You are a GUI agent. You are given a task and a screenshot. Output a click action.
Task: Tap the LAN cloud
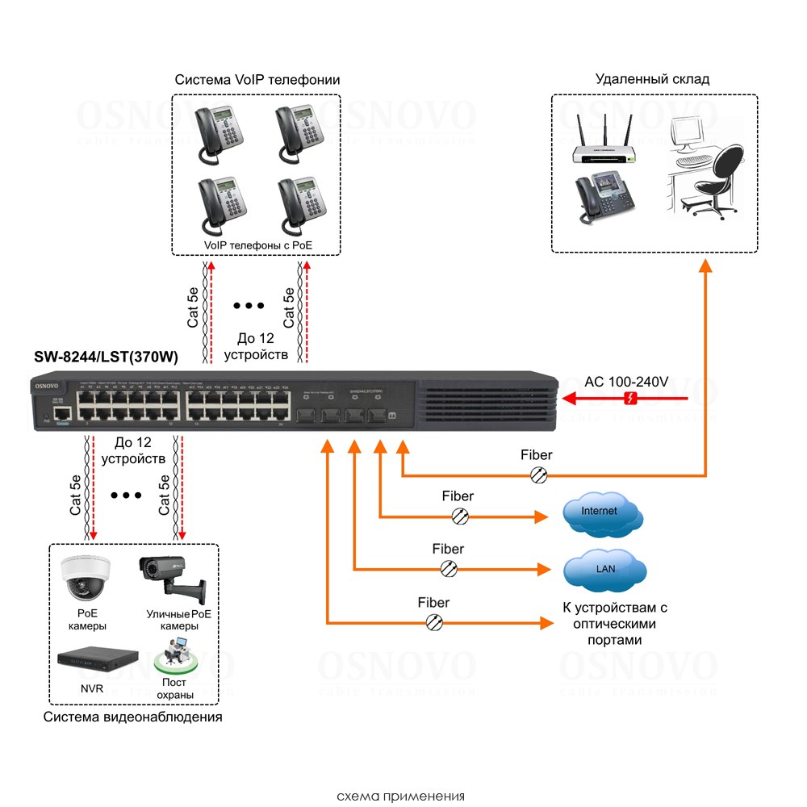click(x=605, y=569)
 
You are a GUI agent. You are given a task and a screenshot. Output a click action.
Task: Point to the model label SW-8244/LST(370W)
click(x=106, y=357)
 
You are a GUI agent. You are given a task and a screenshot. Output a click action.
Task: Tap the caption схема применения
click(x=403, y=795)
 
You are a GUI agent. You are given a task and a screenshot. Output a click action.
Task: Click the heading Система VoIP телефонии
click(x=257, y=80)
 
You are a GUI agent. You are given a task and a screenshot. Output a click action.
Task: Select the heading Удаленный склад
click(x=652, y=79)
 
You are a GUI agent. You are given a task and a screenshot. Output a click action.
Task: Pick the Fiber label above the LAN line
click(x=448, y=549)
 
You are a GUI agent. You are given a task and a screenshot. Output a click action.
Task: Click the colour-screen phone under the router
click(x=601, y=197)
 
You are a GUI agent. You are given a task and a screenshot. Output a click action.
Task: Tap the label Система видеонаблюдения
click(x=133, y=717)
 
